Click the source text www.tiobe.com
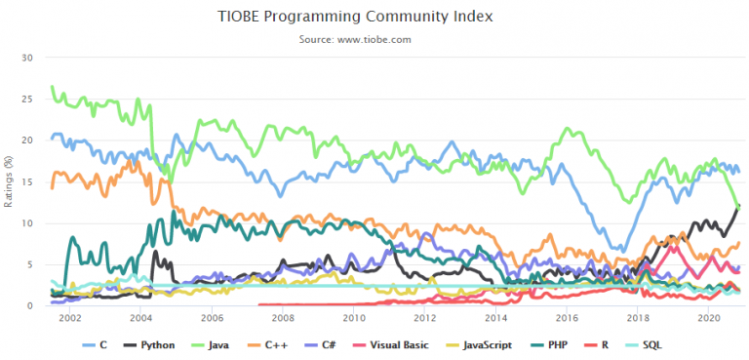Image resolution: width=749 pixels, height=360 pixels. (374, 39)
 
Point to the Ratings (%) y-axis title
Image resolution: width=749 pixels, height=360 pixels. (10, 181)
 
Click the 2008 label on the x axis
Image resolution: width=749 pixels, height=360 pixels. (283, 319)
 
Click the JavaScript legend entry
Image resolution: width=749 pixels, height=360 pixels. (495, 345)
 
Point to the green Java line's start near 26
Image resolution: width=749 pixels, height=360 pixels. (52, 87)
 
